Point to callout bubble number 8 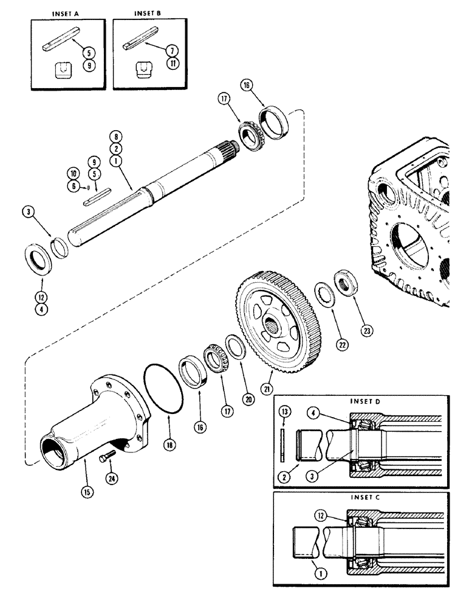pos(113,136)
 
